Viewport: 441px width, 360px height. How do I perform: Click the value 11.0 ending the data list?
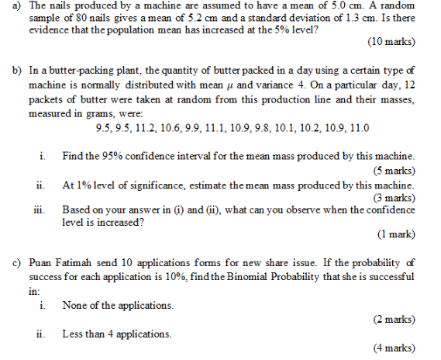(x=358, y=128)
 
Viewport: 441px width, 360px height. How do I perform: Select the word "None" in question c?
(x=75, y=305)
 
